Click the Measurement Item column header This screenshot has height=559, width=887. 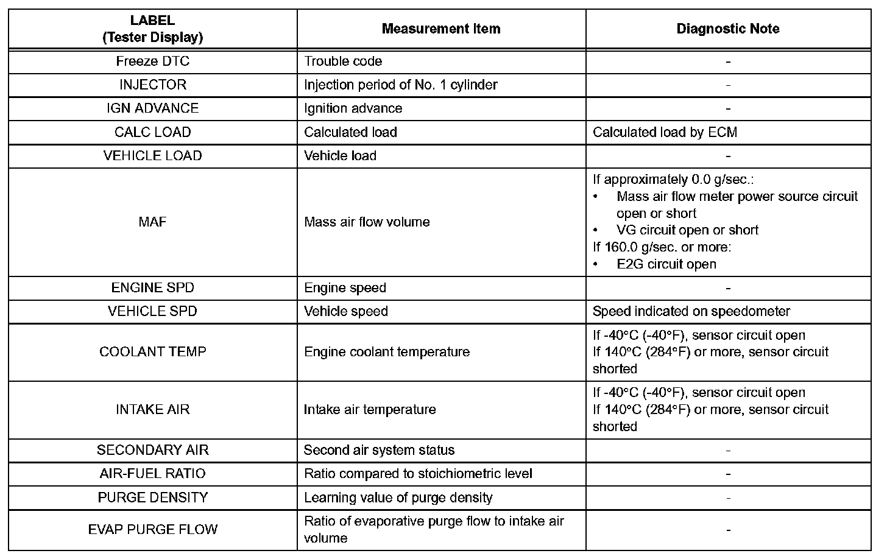tap(441, 29)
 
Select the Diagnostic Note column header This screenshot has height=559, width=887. tap(728, 29)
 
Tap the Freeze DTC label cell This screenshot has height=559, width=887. tap(152, 61)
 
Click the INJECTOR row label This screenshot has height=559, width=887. tap(152, 85)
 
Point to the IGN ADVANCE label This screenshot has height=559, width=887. tap(152, 108)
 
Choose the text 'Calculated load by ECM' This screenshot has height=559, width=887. tap(665, 132)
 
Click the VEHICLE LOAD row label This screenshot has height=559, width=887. tap(152, 156)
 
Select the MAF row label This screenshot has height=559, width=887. tap(152, 222)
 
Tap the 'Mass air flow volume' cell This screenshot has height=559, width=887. tap(367, 222)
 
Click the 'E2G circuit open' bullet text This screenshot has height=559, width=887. tap(666, 264)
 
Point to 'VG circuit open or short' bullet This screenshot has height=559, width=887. tap(687, 230)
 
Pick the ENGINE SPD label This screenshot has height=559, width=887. tap(152, 287)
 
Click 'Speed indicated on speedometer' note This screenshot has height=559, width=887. tap(691, 311)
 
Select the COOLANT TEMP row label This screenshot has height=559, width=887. tap(152, 352)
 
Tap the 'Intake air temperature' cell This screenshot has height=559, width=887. tap(370, 410)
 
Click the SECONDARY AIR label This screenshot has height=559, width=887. tap(152, 450)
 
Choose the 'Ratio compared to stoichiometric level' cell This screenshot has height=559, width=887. tap(418, 474)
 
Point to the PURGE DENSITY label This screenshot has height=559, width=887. tap(152, 497)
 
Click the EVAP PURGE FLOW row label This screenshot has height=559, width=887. tap(152, 529)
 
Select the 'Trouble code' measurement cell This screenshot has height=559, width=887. tap(343, 61)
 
